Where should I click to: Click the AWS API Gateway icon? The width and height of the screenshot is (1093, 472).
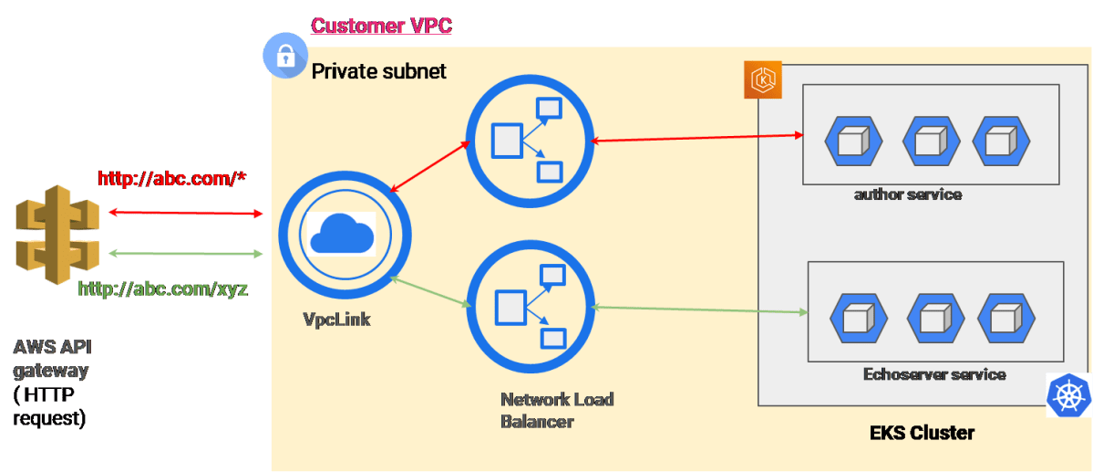point(57,234)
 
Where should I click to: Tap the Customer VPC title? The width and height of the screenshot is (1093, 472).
point(382,25)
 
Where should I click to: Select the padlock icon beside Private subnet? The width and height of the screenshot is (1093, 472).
point(285,57)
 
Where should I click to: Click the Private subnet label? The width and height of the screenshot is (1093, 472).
point(379,70)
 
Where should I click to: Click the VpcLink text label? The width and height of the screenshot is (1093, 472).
point(336,320)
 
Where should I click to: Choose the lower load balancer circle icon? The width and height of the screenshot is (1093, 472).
point(528,306)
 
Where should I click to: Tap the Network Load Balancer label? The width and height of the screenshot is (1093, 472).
point(557,410)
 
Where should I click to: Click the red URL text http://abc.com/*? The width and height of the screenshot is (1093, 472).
point(173,178)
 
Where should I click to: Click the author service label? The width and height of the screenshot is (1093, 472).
point(907,194)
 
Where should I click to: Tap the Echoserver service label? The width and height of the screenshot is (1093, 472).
point(933,374)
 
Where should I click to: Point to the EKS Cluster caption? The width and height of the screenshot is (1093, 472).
point(922,433)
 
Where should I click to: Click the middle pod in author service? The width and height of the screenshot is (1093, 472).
point(931,141)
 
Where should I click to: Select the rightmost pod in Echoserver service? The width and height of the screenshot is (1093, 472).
point(1005,319)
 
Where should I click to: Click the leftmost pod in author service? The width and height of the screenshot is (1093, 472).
point(853,141)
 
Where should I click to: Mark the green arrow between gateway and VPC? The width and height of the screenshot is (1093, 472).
point(186,252)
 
